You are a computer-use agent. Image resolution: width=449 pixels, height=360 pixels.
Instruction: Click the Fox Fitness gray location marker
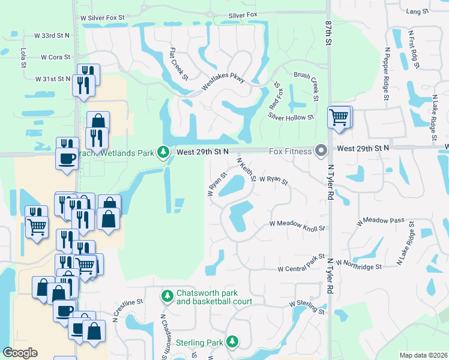pos(321,151)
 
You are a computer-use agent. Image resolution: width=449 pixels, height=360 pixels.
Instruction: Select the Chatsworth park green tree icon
pos(167,296)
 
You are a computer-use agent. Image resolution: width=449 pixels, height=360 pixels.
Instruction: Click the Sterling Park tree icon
pos(232,342)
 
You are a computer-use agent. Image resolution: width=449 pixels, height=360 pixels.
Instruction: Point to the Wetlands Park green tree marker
pos(163,152)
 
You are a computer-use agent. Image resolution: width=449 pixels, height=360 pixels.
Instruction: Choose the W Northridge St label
pos(359,264)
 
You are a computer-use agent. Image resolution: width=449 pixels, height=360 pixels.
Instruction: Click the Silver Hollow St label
pos(291,118)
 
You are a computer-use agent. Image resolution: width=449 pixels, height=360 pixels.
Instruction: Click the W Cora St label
pos(56,58)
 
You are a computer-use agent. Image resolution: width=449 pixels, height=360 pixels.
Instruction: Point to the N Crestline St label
pos(124,307)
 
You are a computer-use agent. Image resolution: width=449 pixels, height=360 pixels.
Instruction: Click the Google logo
pos(20,353)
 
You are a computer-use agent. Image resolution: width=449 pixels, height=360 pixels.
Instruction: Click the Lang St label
pos(418,11)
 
